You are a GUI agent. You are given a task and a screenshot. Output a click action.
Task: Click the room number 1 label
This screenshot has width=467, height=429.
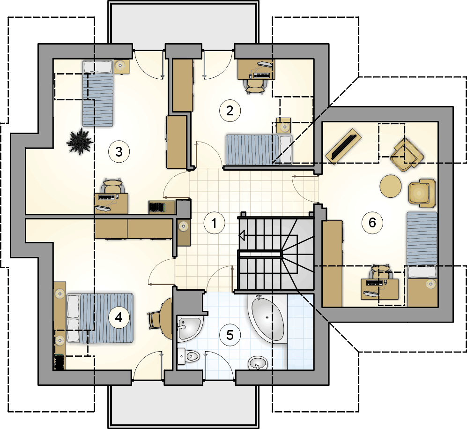pos(214,223)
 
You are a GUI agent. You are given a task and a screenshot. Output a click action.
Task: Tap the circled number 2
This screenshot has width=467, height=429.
pos(230,111)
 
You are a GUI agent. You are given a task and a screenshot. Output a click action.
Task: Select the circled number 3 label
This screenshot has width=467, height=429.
pos(119,152)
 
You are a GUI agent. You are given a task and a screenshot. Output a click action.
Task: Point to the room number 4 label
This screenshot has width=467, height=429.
pos(119,317)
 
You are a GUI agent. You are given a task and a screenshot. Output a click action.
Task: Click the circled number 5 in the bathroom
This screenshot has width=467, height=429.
pos(230,335)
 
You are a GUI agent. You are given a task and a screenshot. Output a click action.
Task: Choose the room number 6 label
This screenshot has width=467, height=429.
pos(372,223)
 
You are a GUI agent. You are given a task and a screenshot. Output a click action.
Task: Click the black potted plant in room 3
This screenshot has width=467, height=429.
pos(80,142)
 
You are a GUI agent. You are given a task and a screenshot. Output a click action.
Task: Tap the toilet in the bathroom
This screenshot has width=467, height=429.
pos(188,356)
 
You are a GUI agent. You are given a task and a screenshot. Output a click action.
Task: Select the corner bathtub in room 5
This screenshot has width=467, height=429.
pos(267,318)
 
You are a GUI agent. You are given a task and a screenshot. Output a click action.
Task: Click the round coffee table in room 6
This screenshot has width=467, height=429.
pos(391,186)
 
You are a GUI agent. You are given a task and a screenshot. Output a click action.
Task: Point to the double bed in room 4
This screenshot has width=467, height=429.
pos(100,318)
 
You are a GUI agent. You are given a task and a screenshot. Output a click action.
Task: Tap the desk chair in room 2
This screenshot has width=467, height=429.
pos(255,86)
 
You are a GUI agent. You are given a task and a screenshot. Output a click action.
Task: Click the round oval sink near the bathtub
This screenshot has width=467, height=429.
pos(258,363)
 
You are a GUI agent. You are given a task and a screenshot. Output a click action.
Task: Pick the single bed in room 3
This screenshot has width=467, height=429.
pos(98,93)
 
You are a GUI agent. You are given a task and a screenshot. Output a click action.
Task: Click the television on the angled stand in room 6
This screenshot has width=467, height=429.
pos(344,146)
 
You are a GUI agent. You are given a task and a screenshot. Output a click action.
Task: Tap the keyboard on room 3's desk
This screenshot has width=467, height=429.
pos(106,197)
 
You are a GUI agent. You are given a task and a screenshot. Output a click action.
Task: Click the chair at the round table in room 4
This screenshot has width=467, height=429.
pos(154,320)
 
